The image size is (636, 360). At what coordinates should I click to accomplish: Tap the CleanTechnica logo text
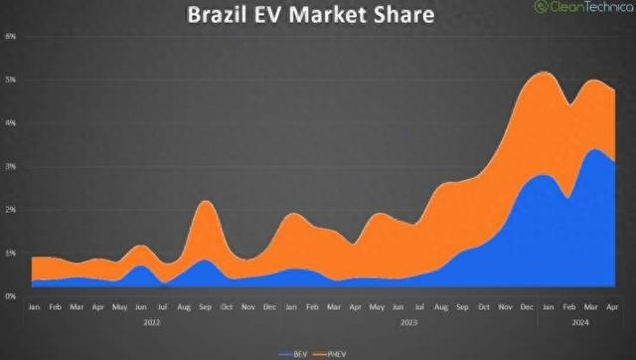pyautogui.click(x=585, y=8)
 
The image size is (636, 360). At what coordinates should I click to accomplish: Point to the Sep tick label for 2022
pyautogui.click(x=206, y=308)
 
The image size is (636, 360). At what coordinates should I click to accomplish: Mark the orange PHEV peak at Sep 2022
pyautogui.click(x=205, y=203)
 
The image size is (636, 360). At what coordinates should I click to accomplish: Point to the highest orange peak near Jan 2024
pyautogui.click(x=543, y=73)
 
